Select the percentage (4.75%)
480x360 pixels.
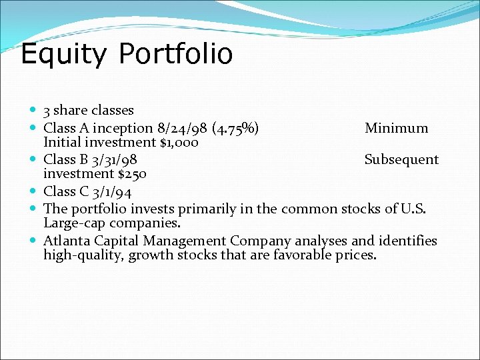[236, 128]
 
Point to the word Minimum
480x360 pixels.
[396, 128]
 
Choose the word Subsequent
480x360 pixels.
[401, 160]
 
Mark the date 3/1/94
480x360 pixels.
[111, 192]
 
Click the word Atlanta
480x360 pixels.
[68, 241]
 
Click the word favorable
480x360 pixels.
[300, 255]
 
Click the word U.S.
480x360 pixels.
[417, 208]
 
